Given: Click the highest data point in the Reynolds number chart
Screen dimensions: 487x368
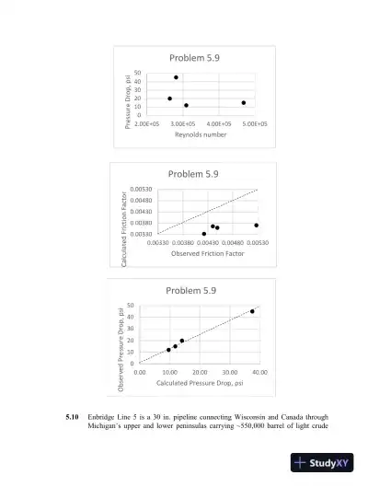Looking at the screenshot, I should coord(176,77).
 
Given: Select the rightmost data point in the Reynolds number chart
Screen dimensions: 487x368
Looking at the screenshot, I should coord(244,102).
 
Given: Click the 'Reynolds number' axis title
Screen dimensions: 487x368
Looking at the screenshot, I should coord(200,134).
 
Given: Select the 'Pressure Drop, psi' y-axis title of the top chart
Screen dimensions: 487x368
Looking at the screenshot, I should coord(128,98).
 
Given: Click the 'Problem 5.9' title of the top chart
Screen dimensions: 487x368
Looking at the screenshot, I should coord(193,58).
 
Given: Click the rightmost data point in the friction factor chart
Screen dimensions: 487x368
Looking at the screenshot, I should coord(257,226).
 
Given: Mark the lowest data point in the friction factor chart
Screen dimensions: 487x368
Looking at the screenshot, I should coord(204,234).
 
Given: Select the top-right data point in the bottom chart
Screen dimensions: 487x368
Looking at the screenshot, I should coord(252,311).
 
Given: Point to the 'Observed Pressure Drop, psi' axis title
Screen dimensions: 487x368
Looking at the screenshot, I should coord(121,338).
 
